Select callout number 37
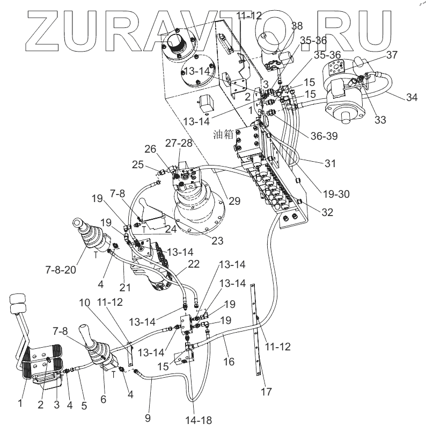(x=392, y=54)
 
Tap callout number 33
(x=380, y=119)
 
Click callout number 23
(x=217, y=241)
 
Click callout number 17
(x=265, y=391)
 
